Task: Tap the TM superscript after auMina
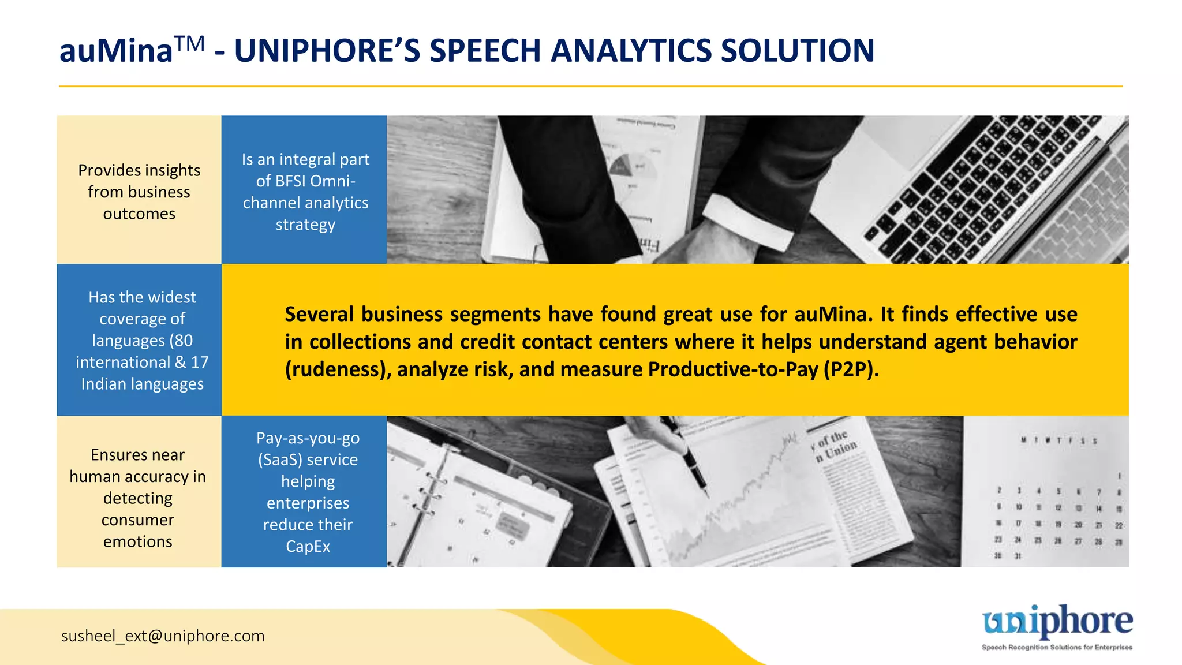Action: tap(189, 43)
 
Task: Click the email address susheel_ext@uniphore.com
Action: tap(163, 636)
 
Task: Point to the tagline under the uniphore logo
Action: tap(1057, 647)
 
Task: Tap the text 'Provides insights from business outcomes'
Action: tap(139, 192)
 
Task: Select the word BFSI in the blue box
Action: tap(295, 181)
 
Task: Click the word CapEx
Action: tap(308, 546)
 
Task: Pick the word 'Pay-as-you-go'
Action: tap(308, 438)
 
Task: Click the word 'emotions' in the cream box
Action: tap(138, 541)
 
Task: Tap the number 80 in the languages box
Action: tap(184, 341)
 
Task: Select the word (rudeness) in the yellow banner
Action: tap(335, 369)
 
